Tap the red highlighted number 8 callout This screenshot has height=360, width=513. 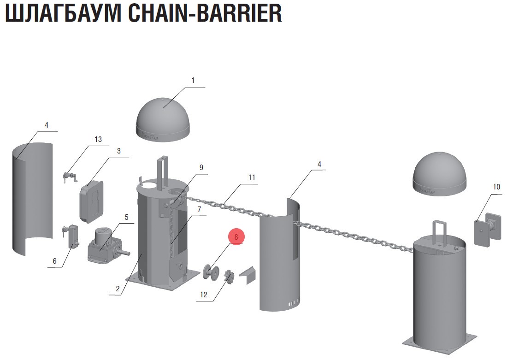[x=236, y=237]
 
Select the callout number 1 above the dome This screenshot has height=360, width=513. [x=193, y=80]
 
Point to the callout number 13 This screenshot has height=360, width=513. [x=98, y=139]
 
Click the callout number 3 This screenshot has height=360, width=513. [x=118, y=151]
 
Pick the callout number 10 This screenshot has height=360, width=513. [x=496, y=187]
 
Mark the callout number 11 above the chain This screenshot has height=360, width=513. [x=251, y=177]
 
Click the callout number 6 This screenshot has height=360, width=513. [x=54, y=261]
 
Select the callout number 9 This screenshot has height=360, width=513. [x=201, y=167]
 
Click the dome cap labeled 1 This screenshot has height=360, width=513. [x=164, y=118]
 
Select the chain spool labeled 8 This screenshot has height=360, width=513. [x=211, y=271]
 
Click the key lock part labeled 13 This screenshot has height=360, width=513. [x=69, y=177]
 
